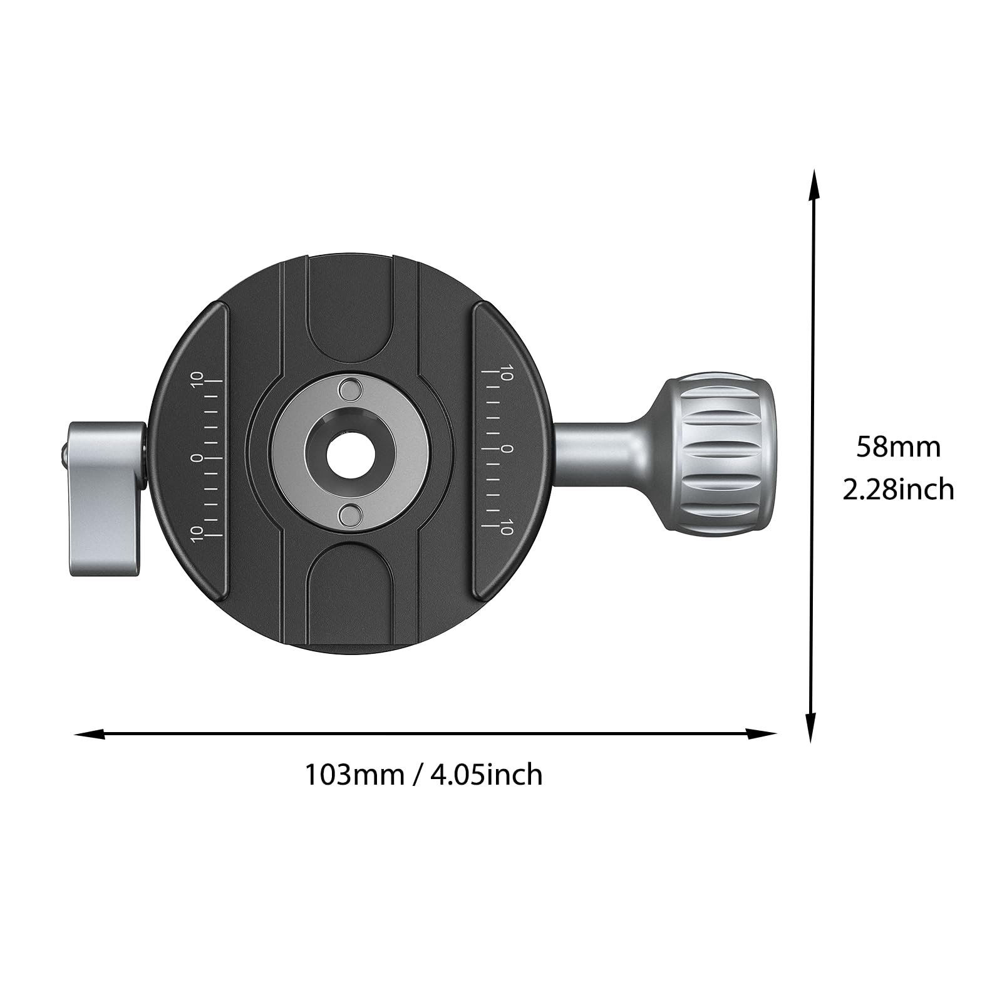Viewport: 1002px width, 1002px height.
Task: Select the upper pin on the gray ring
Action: tap(350, 390)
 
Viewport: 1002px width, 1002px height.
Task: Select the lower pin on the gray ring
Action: tap(350, 516)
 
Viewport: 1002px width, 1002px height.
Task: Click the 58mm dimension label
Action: tap(899, 447)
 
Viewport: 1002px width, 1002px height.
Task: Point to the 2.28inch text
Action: tap(899, 489)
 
